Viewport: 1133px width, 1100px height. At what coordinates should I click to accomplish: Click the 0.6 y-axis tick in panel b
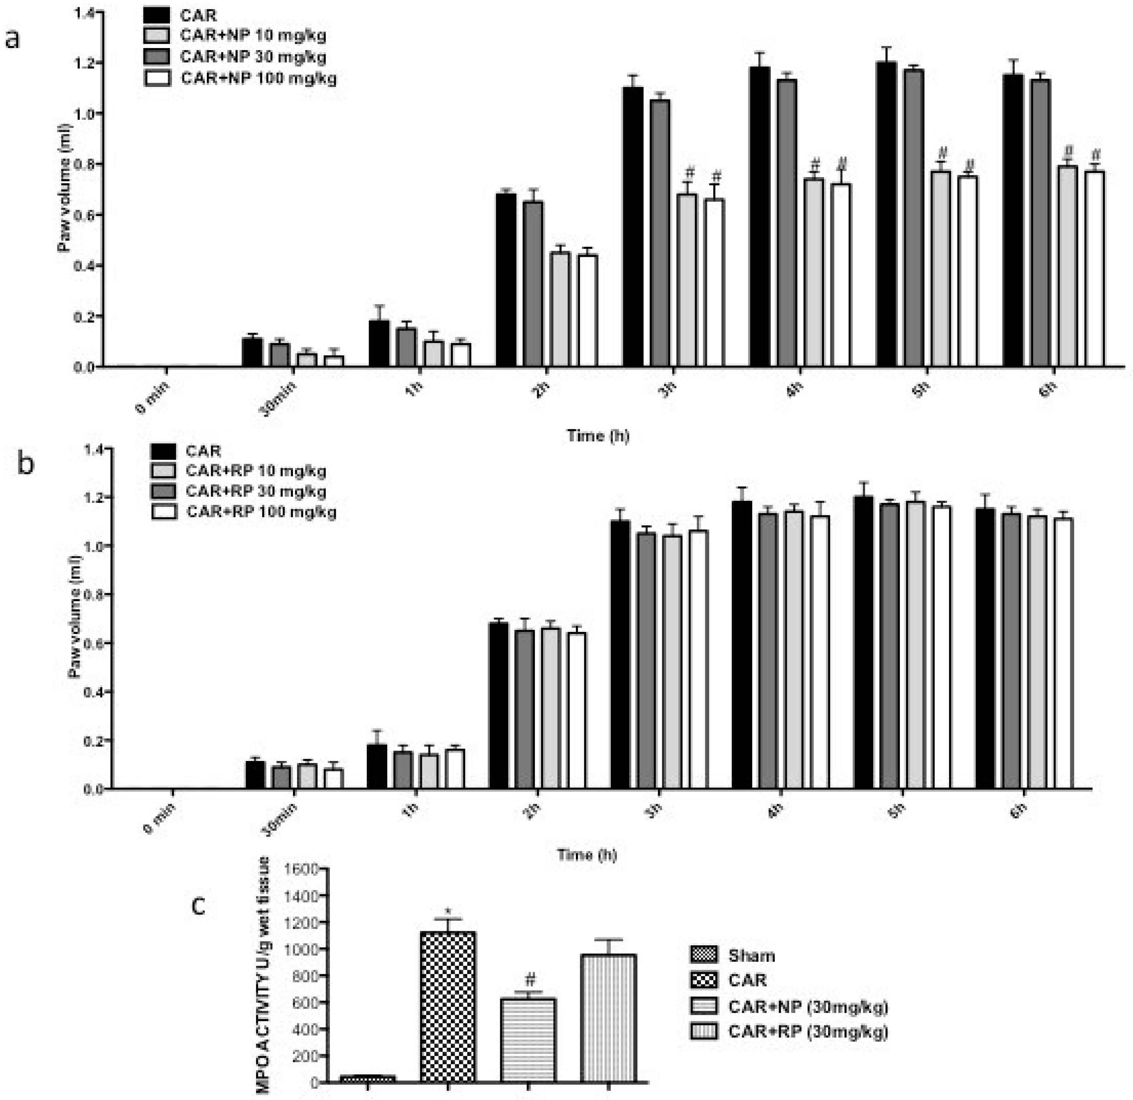click(93, 643)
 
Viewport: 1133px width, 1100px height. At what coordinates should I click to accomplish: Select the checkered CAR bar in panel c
click(448, 1008)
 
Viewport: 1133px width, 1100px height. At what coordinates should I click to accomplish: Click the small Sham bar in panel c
click(368, 1079)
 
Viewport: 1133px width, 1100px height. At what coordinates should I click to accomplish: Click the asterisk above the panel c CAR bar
click(448, 912)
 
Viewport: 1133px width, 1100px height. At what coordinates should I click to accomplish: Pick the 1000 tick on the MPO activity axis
click(302, 950)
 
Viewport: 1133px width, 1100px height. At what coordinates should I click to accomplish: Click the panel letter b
click(25, 464)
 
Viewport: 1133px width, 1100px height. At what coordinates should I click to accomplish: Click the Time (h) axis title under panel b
click(587, 855)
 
